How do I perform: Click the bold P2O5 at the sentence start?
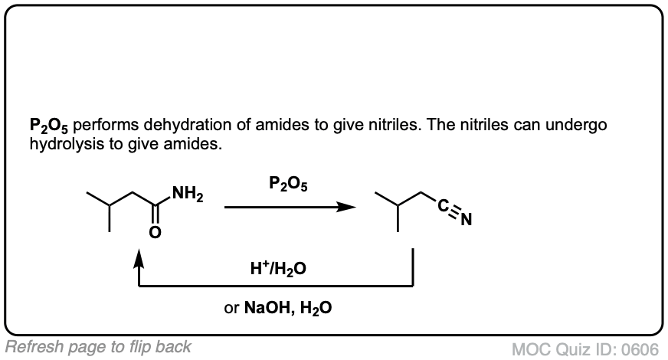click(50, 126)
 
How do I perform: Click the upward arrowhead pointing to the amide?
click(139, 262)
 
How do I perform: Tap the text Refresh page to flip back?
click(98, 345)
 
